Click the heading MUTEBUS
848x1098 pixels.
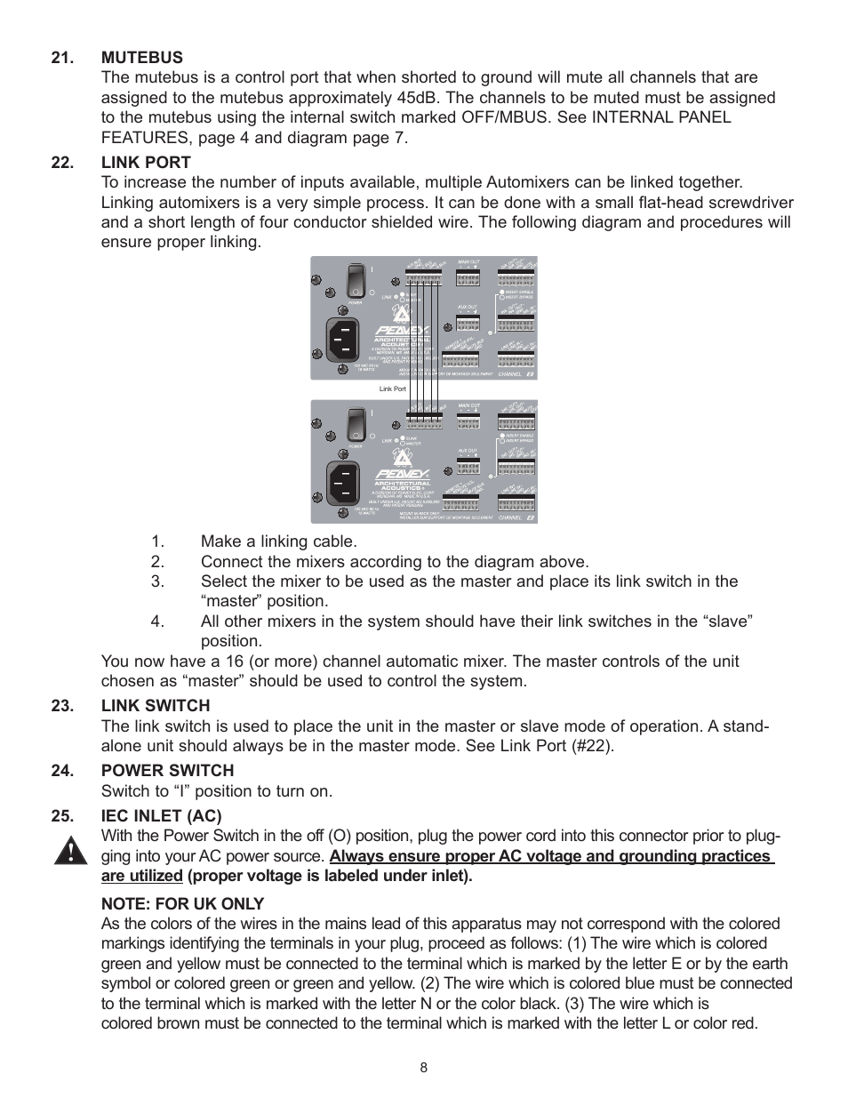click(141, 58)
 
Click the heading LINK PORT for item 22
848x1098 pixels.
click(146, 163)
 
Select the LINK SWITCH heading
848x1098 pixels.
click(156, 706)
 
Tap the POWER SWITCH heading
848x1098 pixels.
click(167, 771)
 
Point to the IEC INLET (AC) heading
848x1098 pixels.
click(161, 816)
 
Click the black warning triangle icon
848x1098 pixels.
click(69, 852)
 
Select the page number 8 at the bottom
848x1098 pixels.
click(424, 1068)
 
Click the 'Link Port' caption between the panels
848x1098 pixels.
click(392, 389)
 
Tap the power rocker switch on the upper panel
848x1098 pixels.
click(356, 279)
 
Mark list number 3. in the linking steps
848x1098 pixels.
click(157, 581)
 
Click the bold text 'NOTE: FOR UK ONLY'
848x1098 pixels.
click(182, 904)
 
